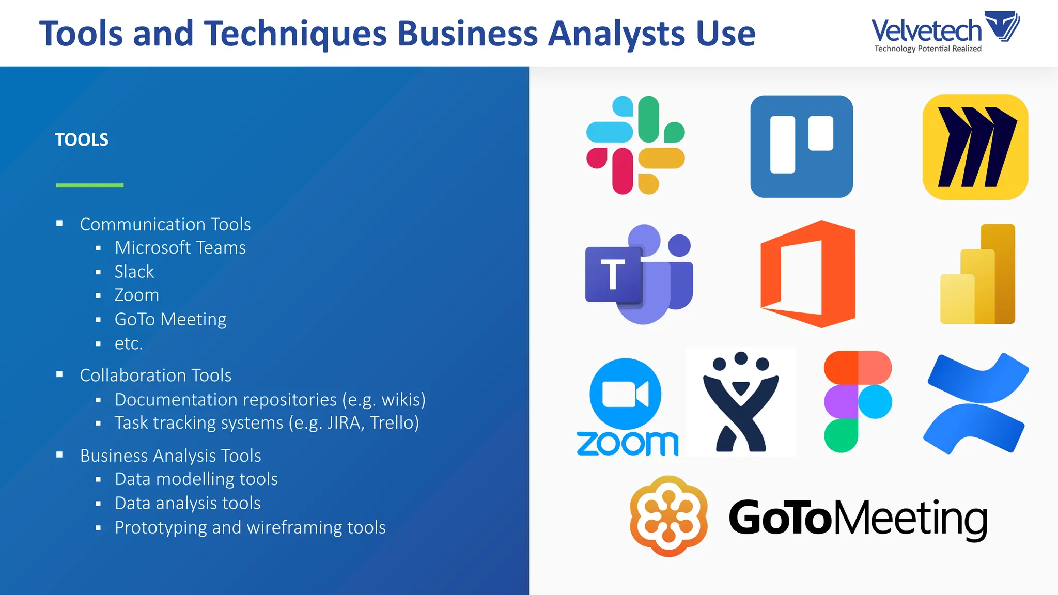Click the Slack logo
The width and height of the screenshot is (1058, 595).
[635, 145]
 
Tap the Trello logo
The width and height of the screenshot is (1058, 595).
[801, 146]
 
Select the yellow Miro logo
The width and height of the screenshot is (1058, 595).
[975, 147]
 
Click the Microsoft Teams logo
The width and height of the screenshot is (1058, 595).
[639, 274]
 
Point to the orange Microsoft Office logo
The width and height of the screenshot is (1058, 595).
[808, 274]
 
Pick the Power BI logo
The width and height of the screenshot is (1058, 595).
[977, 274]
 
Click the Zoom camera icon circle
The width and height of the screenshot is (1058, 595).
[626, 394]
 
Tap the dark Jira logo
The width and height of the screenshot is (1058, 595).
[740, 402]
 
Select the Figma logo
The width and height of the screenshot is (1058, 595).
[858, 402]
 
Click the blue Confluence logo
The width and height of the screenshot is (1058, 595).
[976, 403]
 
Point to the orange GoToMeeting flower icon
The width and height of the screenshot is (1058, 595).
[668, 516]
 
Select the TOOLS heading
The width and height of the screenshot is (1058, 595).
[82, 139]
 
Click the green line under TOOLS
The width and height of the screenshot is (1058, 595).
[90, 185]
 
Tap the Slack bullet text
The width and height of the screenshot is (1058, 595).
[134, 272]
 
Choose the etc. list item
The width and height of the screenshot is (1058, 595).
[129, 343]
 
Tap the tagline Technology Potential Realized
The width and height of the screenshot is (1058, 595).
[928, 49]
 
